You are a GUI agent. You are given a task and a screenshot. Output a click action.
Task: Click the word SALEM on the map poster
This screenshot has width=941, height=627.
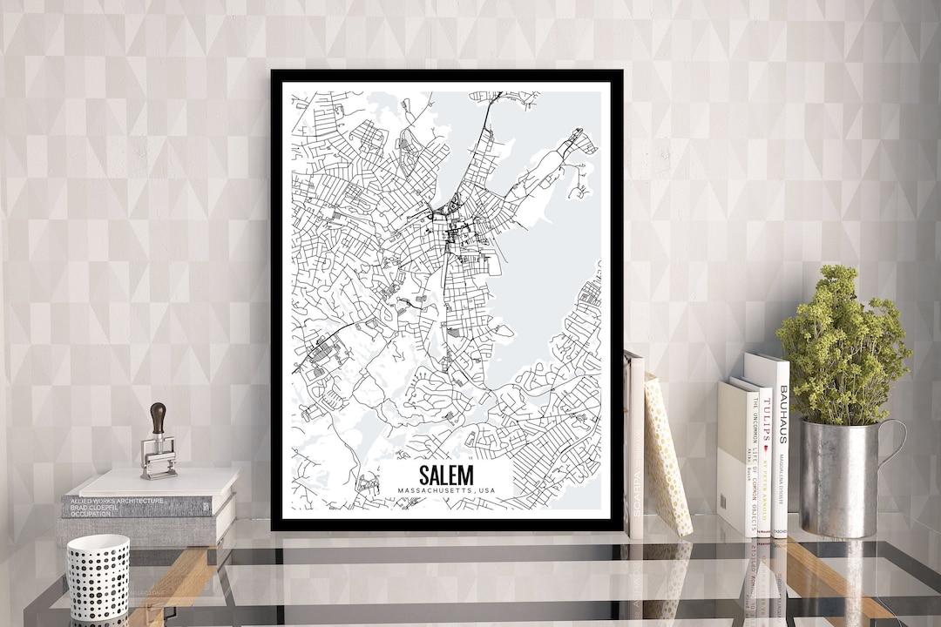click(x=445, y=475)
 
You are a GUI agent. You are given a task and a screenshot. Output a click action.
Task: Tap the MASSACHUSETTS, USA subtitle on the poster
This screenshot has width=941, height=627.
click(x=445, y=492)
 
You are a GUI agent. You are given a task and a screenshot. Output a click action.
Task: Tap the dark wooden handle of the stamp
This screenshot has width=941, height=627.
click(x=158, y=417)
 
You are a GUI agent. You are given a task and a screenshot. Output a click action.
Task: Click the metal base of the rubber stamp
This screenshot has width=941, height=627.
click(x=159, y=457)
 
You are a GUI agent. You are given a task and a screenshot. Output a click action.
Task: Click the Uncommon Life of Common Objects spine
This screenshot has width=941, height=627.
click(x=752, y=462)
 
